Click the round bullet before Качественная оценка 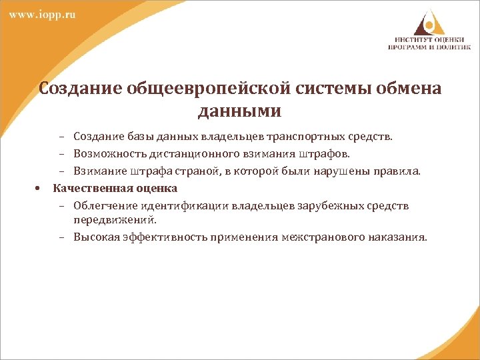pos(38,188)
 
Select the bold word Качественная pos(89,188)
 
